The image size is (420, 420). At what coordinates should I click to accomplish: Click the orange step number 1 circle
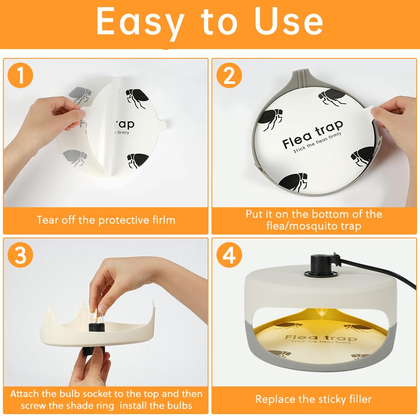(21, 75)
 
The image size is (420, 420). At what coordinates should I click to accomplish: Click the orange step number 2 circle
(229, 75)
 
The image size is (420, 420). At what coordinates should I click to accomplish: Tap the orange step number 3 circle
(21, 255)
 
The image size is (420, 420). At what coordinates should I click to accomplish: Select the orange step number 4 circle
(229, 255)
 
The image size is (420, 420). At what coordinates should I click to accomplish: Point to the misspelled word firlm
(162, 220)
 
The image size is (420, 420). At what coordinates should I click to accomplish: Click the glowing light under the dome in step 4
(321, 312)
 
